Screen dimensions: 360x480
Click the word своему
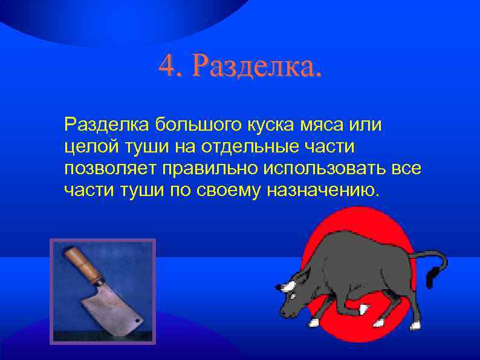(235, 191)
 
